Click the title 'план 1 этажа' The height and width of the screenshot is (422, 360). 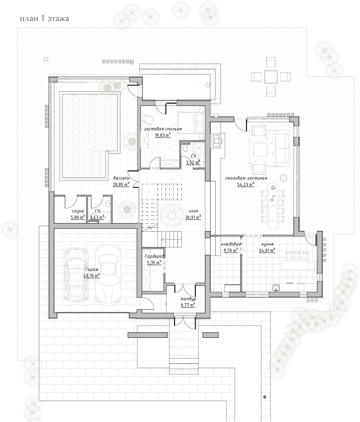44,19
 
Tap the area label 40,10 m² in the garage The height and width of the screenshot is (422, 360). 92,275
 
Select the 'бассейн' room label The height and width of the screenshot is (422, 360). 121,178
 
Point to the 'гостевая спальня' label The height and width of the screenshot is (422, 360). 163,129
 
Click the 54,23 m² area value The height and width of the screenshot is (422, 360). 245,184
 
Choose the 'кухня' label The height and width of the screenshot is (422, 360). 267,245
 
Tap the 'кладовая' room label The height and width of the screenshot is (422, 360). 231,244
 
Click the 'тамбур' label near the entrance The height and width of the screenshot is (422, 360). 188,299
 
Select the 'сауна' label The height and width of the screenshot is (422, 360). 78,211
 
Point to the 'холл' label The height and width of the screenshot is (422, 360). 193,211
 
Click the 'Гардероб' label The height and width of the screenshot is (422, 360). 154,256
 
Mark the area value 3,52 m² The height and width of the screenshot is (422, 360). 193,162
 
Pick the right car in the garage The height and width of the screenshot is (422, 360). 108,275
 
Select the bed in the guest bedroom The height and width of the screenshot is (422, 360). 191,122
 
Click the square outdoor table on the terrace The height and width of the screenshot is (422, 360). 271,77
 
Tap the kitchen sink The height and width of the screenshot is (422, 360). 277,288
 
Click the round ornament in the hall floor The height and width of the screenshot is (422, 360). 172,215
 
